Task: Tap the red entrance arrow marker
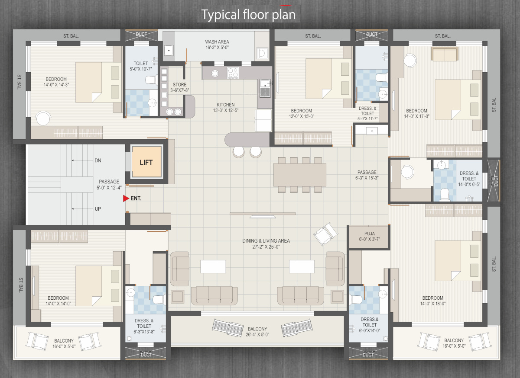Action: coord(126,198)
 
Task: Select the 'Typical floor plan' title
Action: coord(248,15)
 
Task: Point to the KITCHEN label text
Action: coord(226,105)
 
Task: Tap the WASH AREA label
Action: coord(217,42)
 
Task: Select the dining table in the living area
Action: coord(300,175)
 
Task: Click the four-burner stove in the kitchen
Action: coord(233,73)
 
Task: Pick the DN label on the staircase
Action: coord(98,160)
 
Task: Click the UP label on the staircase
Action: coord(98,209)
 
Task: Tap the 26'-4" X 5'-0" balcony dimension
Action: coord(257,335)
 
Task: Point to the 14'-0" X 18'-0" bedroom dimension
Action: coord(433,304)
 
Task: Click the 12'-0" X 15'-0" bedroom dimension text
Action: coord(301,116)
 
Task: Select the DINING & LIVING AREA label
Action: coord(266,241)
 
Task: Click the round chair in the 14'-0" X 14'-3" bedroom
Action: coord(43,118)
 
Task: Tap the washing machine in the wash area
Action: coord(262,53)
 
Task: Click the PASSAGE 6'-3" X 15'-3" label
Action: coord(367,175)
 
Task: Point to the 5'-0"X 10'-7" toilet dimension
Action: coord(141,69)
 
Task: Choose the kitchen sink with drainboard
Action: coord(265,88)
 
